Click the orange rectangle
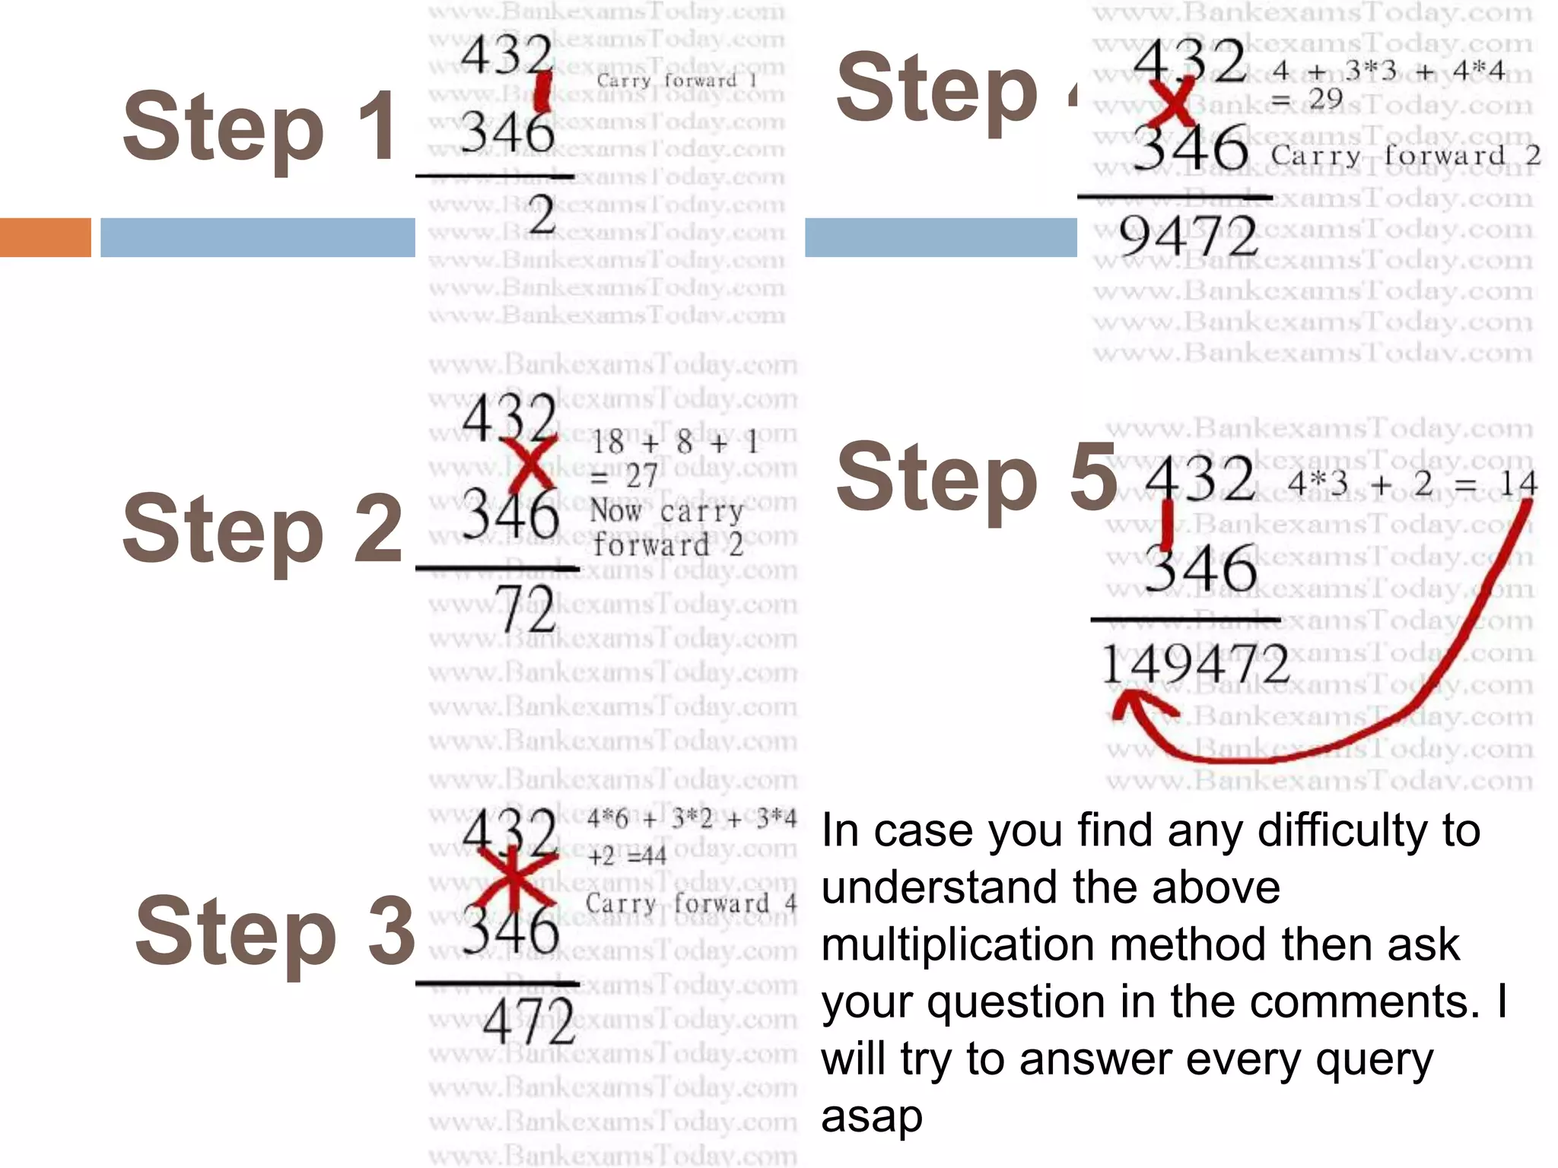45,237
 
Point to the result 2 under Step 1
542,216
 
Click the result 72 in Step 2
527,610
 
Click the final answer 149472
1195,664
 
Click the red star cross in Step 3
515,880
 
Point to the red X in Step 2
529,465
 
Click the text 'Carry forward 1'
676,81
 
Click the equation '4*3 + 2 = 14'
1412,484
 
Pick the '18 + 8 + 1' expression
674,443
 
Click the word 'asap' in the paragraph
872,1116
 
